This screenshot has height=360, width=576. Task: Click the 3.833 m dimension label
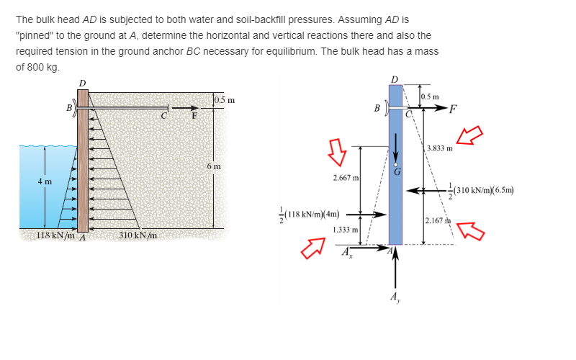click(439, 149)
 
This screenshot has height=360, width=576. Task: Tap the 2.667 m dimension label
click(346, 177)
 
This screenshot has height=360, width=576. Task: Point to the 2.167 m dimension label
click(438, 220)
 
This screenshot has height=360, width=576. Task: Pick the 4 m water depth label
click(45, 181)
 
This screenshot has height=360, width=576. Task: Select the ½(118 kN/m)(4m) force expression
click(309, 214)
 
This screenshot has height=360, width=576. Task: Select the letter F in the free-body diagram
click(451, 109)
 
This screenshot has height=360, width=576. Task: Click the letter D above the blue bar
click(394, 78)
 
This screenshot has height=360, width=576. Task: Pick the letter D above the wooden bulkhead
click(81, 83)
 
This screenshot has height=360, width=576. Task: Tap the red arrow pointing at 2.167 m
click(469, 229)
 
